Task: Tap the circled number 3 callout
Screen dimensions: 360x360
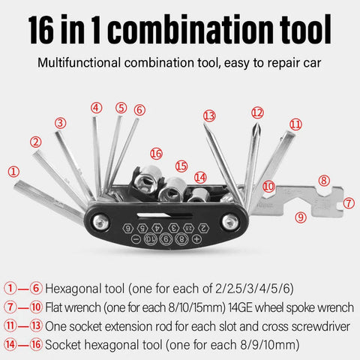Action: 61,122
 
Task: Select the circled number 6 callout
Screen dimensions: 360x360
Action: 139,109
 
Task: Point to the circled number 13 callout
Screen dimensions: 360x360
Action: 209,115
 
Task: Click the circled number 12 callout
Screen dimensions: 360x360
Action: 257,112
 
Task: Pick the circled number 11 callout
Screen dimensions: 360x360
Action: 295,124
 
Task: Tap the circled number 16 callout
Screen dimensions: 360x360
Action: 155,153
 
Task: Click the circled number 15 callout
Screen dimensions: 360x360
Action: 181,165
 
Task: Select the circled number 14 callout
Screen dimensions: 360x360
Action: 199,177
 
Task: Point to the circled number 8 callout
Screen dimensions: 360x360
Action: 323,180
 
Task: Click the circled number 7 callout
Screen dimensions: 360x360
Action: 348,202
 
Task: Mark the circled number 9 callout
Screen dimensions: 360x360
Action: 301,217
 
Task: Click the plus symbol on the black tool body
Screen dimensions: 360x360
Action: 196,238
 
